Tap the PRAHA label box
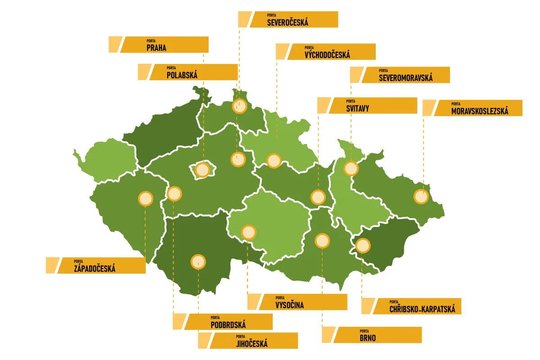coord(165,45)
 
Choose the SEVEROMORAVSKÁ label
coord(405,75)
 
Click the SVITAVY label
coord(373,105)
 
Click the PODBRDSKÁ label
coord(228,322)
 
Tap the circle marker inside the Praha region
coord(202,170)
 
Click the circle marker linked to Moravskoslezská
coord(421,197)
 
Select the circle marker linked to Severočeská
coord(239,106)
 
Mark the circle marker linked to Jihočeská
coord(198,261)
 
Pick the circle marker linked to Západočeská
coord(145,198)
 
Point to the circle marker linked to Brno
coord(322,241)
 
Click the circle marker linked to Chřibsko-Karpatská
coord(363,246)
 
